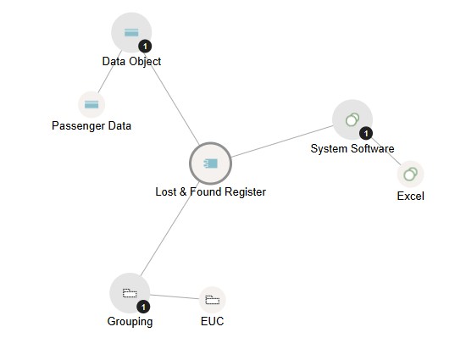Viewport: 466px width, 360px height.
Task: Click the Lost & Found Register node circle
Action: click(210, 163)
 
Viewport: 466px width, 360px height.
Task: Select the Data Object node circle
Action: click(131, 32)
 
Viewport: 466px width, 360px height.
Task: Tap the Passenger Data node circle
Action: click(92, 104)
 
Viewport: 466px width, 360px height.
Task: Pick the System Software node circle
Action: click(352, 119)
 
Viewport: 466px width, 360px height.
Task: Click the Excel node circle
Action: click(410, 174)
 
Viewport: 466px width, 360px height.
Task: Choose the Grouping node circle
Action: click(130, 293)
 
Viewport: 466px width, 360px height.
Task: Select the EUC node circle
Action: click(212, 300)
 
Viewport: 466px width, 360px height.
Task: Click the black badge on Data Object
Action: click(145, 47)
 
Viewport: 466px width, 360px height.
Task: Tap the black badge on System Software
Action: click(366, 133)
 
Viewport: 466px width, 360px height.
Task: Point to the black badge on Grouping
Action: click(143, 307)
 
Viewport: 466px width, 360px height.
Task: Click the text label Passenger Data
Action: click(92, 126)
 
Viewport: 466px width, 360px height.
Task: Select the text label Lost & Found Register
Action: click(211, 192)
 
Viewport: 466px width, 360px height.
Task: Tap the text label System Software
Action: click(352, 148)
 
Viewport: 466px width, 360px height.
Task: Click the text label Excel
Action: click(411, 196)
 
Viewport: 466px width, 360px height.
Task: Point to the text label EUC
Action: click(212, 321)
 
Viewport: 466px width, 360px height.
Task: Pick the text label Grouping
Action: click(130, 322)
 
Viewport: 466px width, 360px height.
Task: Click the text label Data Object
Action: click(131, 62)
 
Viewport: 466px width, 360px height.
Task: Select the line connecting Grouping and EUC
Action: click(175, 296)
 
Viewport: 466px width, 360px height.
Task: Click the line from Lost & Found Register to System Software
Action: click(282, 141)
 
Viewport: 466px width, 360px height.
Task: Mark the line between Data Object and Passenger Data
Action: click(110, 72)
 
